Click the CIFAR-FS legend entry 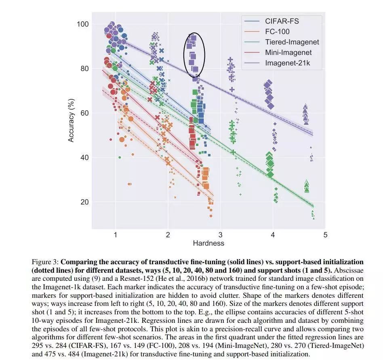point(282,21)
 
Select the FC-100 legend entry point(277,32)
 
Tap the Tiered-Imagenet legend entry point(292,42)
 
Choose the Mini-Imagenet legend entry point(288,53)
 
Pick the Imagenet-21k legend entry point(288,63)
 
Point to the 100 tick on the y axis point(83,24)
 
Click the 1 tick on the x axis point(116,235)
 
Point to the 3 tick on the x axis point(220,235)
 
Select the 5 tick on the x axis point(325,235)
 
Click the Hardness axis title point(208,243)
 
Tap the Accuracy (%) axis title point(71,120)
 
